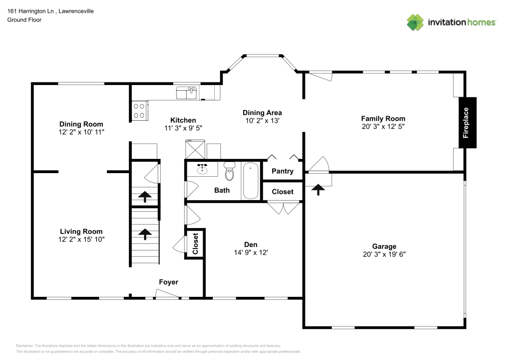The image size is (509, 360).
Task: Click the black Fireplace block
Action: (467, 123)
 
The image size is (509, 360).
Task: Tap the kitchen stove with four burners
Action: (138, 110)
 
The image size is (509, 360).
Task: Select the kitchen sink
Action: (186, 93)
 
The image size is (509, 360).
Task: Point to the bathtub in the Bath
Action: (250, 181)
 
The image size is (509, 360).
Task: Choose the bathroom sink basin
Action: (202, 169)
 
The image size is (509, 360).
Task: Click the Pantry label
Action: (282, 171)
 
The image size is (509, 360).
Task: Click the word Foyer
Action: (168, 282)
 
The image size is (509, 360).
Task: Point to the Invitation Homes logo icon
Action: (415, 22)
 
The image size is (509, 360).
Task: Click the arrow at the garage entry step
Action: (319, 189)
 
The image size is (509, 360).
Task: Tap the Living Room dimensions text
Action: (81, 239)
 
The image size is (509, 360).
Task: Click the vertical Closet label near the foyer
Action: (195, 244)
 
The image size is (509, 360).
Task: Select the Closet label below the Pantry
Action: (282, 192)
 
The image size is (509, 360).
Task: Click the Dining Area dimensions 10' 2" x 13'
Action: (262, 121)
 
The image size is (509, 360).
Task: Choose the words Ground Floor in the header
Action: (24, 20)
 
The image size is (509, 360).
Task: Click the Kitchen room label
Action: (183, 120)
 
